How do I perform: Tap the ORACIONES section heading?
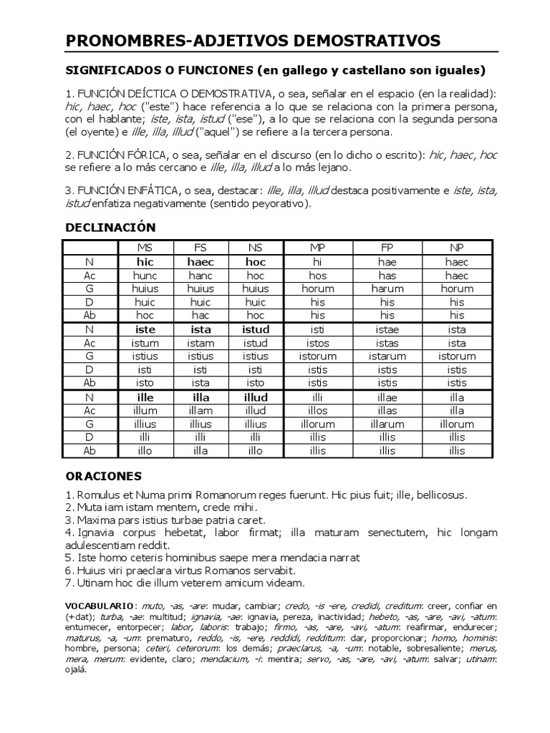pos(104,476)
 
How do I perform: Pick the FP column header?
pos(387,248)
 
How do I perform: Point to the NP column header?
pos(457,248)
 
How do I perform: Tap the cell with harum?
pos(387,289)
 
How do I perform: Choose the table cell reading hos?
pos(318,276)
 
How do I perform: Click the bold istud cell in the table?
pos(256,330)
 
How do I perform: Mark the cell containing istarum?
pos(387,356)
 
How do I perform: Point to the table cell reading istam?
pos(201,344)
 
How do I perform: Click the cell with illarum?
pos(387,424)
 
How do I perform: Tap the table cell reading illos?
pos(318,411)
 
